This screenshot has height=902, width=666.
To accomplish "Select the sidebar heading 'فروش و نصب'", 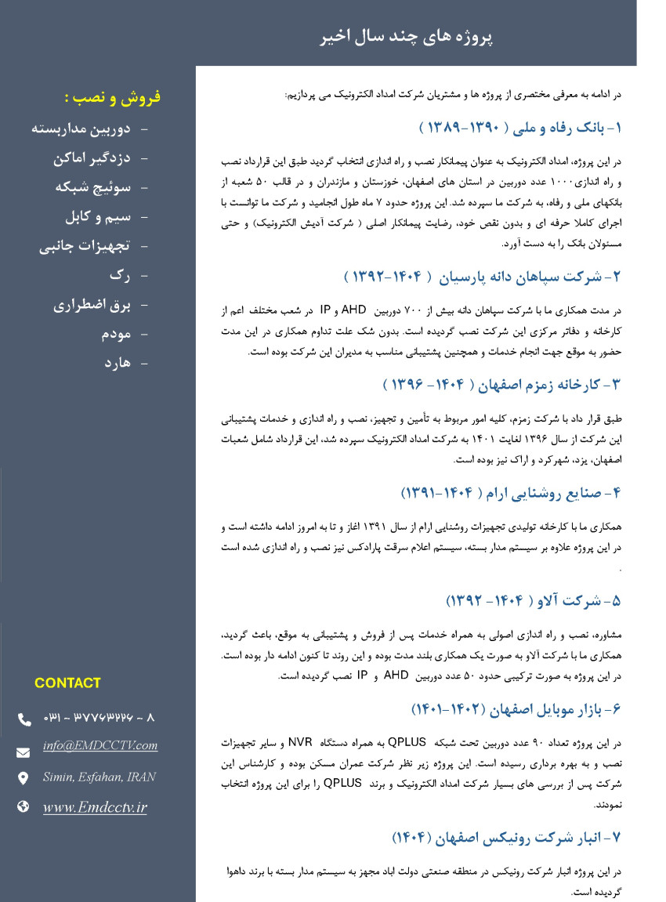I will click(112, 97).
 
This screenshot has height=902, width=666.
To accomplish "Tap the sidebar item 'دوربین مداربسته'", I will click(81, 129).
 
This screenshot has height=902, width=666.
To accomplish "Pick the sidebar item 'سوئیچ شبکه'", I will click(92, 187).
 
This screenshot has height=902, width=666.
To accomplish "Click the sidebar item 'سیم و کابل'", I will click(98, 216).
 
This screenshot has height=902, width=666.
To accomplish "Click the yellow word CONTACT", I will click(67, 683).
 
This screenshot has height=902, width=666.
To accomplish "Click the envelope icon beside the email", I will click(24, 752).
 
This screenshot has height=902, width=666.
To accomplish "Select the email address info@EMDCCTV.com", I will click(100, 746).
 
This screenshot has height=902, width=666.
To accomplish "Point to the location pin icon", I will click(24, 778).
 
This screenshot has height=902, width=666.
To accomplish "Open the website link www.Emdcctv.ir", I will click(95, 807).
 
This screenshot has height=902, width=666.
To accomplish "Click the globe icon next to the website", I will click(24, 806).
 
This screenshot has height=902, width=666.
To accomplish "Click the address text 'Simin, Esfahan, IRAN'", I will click(99, 777).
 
